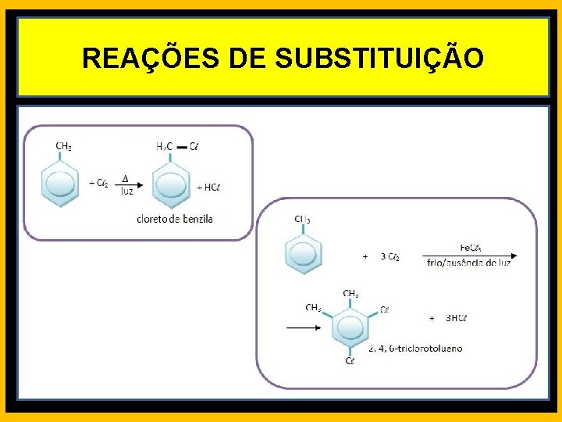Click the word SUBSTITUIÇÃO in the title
(x=380, y=58)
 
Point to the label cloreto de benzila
(x=174, y=219)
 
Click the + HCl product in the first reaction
(x=210, y=187)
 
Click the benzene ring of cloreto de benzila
(x=171, y=185)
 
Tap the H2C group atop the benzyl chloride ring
(x=164, y=146)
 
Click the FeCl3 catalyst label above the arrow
(x=470, y=248)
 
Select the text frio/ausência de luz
(x=469, y=263)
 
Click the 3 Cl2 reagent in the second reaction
(x=390, y=256)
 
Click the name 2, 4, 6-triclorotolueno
(x=415, y=348)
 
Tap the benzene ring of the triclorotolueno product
(x=350, y=327)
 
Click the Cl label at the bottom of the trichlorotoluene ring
(x=350, y=360)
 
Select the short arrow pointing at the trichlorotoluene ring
(x=304, y=328)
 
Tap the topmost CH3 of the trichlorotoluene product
(x=350, y=294)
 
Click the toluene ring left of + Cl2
(x=60, y=184)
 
